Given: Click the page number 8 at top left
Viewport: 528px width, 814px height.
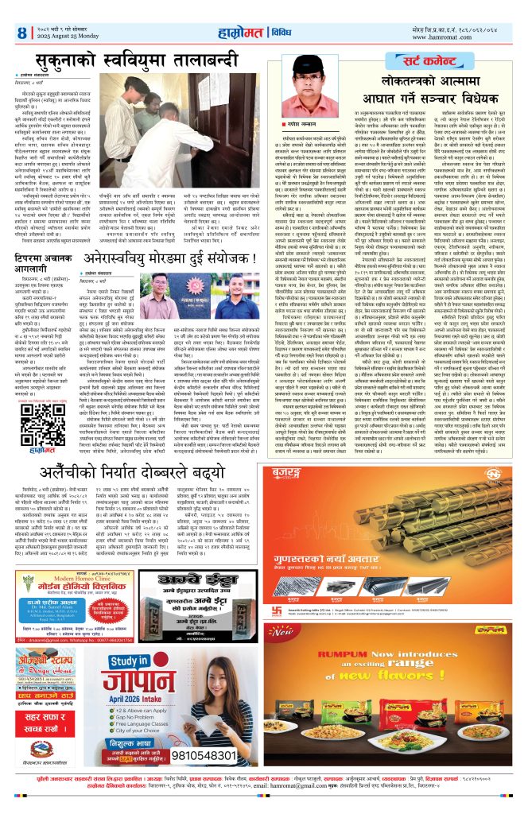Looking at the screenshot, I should click(21, 32).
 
